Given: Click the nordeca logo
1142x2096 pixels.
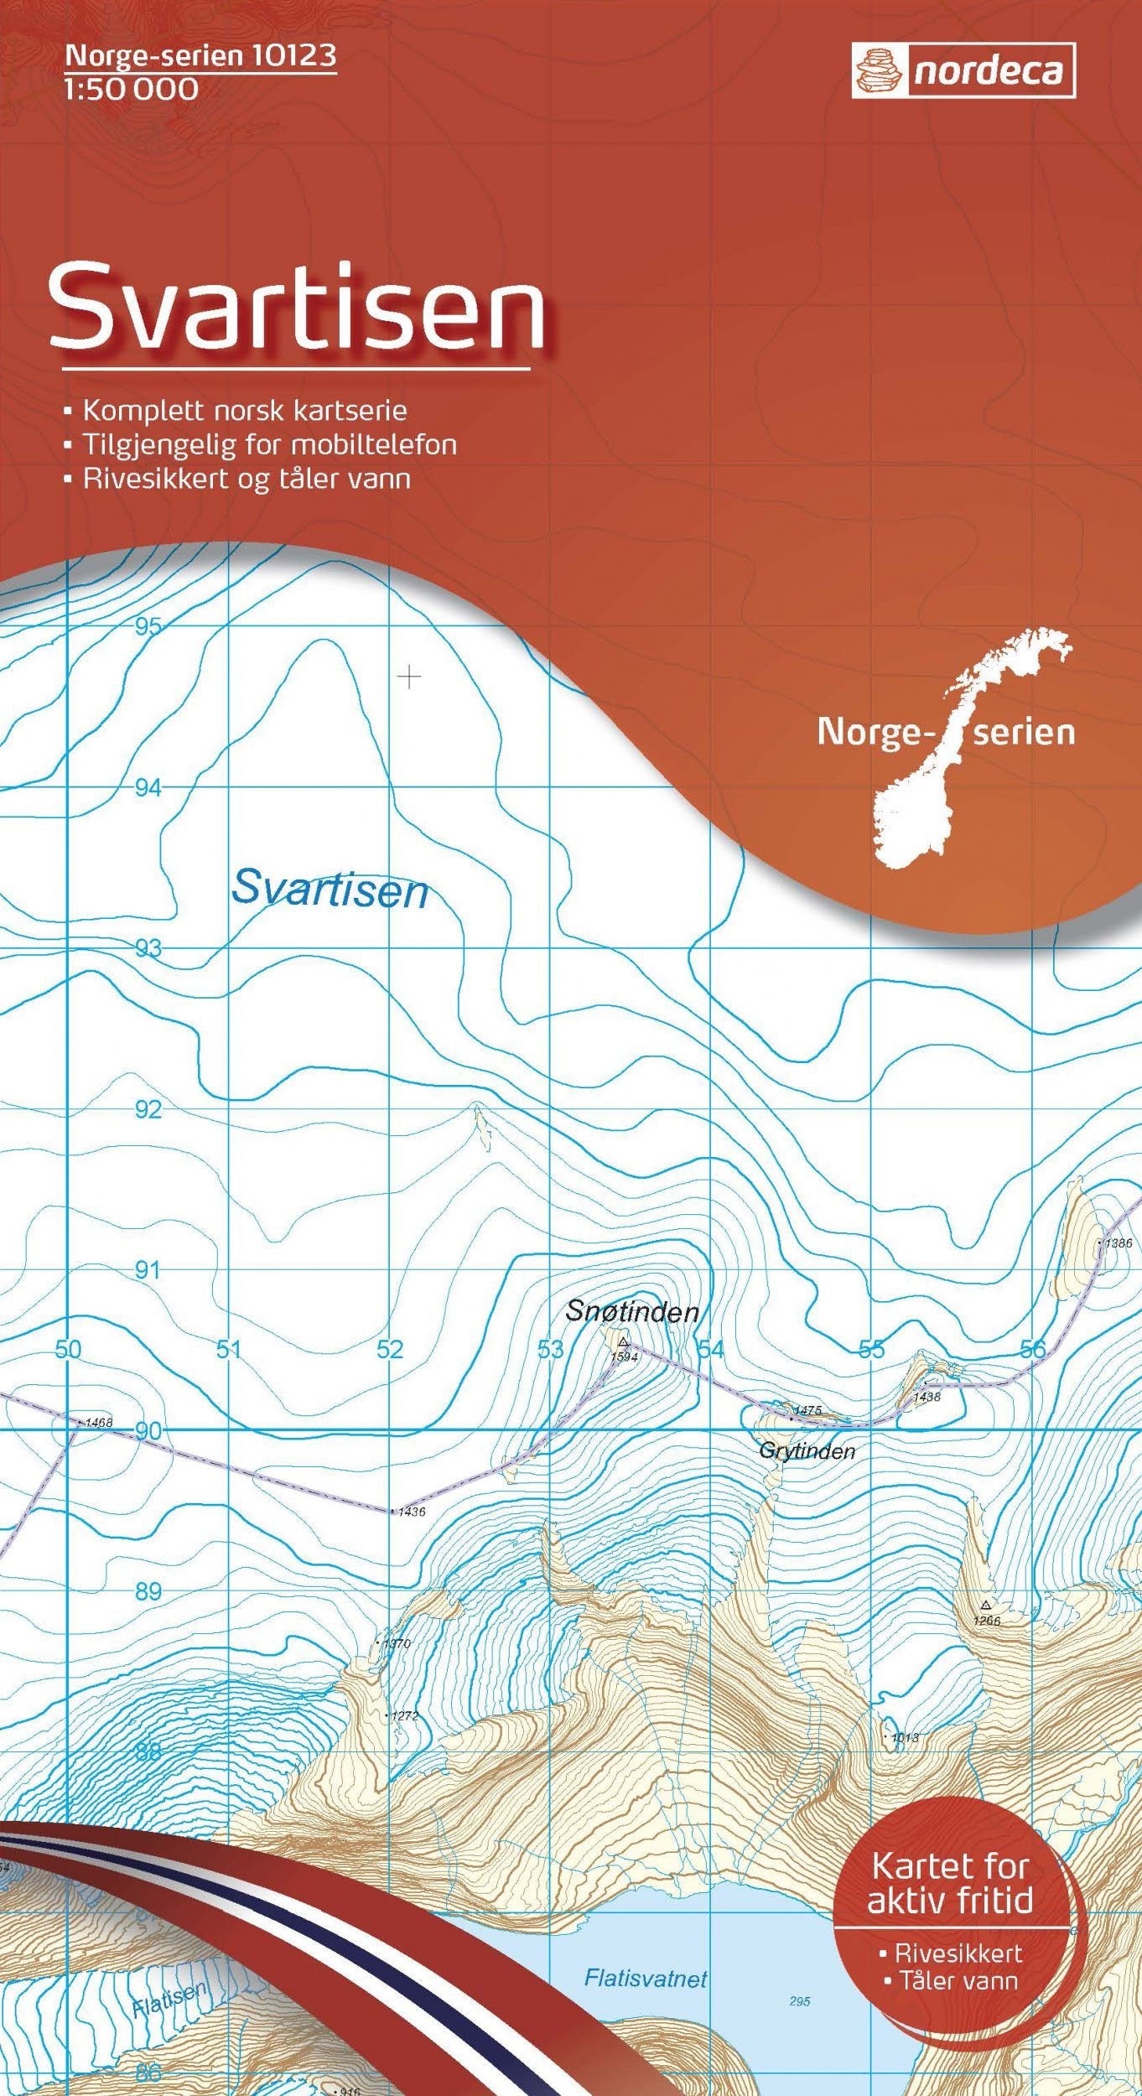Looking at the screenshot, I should pyautogui.click(x=963, y=71).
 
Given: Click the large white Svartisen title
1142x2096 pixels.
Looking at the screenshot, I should pyautogui.click(x=298, y=309).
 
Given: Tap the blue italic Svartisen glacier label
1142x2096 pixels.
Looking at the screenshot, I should pyautogui.click(x=330, y=890).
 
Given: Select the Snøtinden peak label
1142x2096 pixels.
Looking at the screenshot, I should pyautogui.click(x=631, y=1311).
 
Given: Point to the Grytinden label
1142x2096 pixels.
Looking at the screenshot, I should pyautogui.click(x=806, y=1451).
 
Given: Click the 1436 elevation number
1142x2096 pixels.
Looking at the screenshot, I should pyautogui.click(x=412, y=1512).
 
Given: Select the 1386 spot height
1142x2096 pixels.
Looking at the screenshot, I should pyautogui.click(x=1118, y=1243).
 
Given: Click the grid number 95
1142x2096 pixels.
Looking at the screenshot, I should pyautogui.click(x=148, y=626).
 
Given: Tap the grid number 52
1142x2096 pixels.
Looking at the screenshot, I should pyautogui.click(x=390, y=1349).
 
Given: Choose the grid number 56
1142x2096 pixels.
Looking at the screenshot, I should pyautogui.click(x=1033, y=1349).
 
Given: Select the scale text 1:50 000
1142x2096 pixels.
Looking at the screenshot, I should pyautogui.click(x=131, y=89).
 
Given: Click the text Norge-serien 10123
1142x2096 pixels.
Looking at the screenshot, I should pyautogui.click(x=200, y=56).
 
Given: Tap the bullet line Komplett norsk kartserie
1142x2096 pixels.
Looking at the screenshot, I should pyautogui.click(x=243, y=411).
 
